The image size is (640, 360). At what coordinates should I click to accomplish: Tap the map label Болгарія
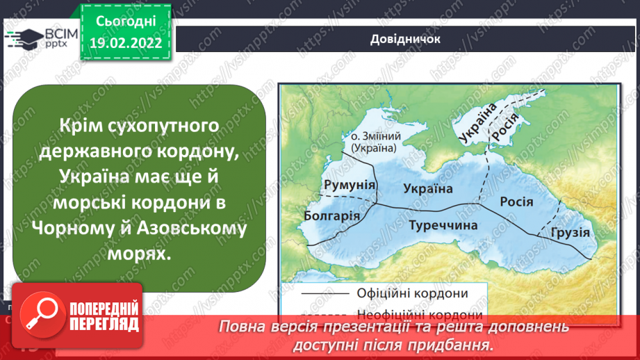(x=332, y=215)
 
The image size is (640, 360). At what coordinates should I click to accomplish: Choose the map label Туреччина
(x=443, y=225)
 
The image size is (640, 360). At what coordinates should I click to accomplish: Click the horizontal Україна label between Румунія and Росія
(x=428, y=188)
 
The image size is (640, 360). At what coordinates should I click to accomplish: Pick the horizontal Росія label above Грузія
(x=516, y=202)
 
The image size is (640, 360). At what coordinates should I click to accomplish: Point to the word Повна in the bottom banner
(x=240, y=327)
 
